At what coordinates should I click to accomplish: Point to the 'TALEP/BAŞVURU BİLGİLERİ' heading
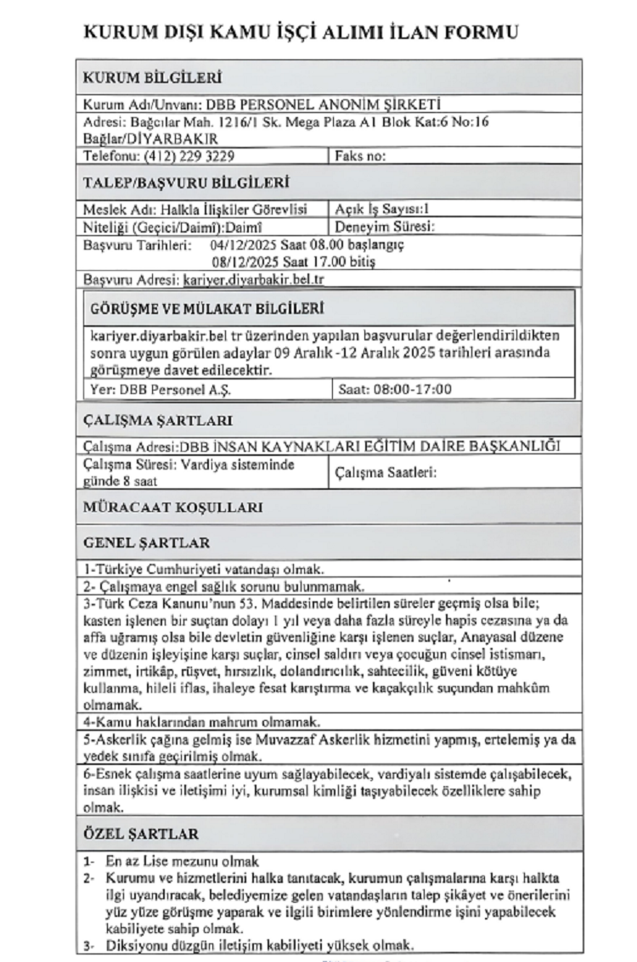(185, 182)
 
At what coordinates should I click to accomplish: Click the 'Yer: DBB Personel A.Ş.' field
(161, 390)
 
